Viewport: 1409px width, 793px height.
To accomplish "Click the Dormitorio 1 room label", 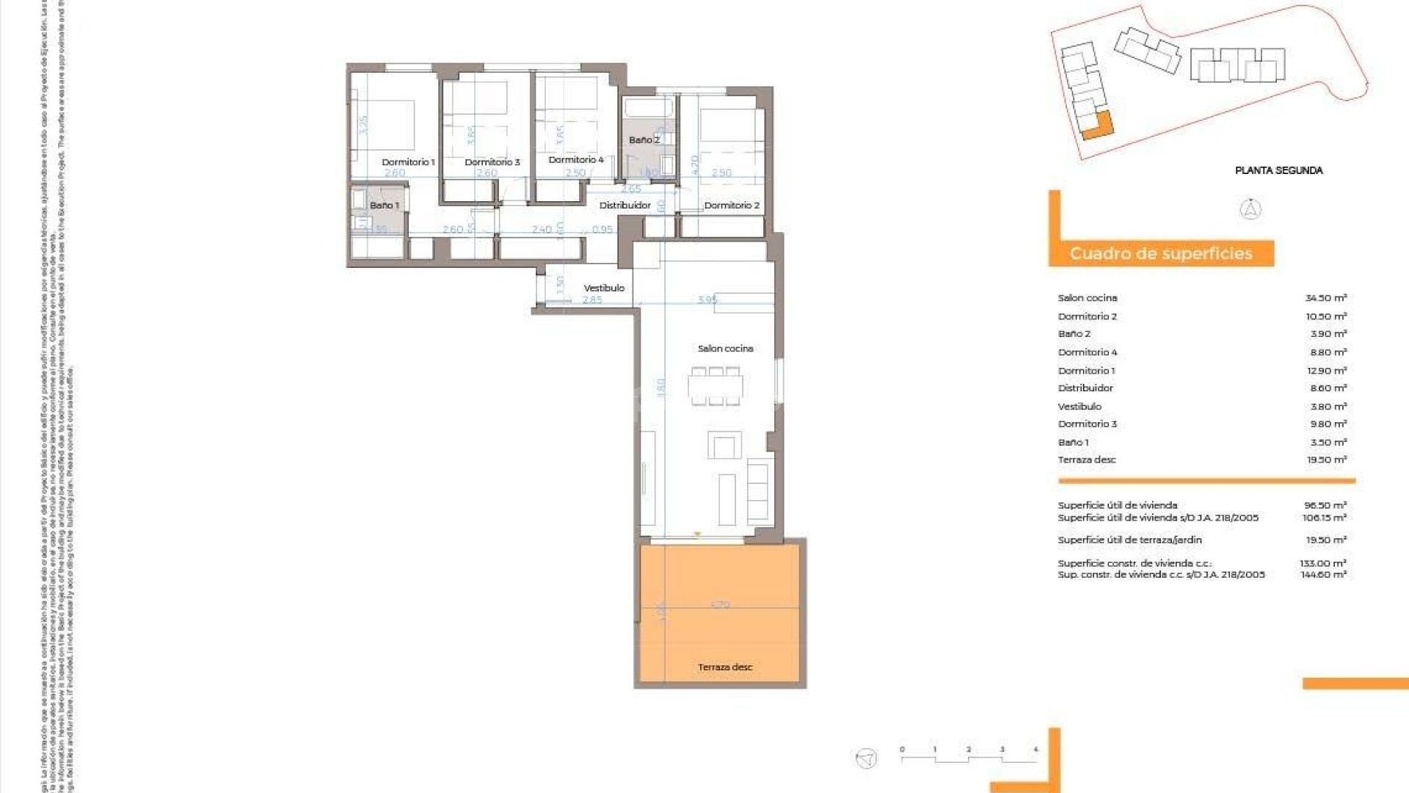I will tap(408, 162).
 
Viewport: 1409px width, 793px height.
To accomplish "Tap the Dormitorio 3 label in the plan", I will tap(492, 162).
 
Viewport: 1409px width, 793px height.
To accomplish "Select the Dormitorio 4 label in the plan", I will tap(576, 159).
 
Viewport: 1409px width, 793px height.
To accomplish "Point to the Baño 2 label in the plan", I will tap(644, 140).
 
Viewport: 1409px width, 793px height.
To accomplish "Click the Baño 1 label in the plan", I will tap(384, 206).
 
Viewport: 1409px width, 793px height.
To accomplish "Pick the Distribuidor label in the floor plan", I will tap(625, 206).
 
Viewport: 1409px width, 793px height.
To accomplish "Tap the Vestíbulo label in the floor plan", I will tap(604, 288).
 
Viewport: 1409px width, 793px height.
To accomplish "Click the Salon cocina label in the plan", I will tap(725, 349).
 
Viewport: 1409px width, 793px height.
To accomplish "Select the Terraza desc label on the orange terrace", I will tap(725, 667).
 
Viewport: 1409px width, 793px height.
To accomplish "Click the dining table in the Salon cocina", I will tap(716, 386).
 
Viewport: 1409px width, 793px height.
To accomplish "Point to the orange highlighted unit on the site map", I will tap(1099, 126).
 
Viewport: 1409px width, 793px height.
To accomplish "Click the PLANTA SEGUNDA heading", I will tap(1278, 170).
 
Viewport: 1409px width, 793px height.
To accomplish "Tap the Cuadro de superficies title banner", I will tap(1161, 254).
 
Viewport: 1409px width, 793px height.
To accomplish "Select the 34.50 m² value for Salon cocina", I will tap(1325, 298).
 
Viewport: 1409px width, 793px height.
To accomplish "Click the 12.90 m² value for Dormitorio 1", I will tap(1326, 371).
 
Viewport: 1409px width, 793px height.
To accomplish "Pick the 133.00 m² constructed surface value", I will tap(1322, 563).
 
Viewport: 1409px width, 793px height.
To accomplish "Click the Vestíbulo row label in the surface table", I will tap(1079, 407).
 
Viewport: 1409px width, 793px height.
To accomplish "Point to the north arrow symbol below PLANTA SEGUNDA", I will tap(1250, 209).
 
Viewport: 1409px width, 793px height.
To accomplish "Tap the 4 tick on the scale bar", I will tap(1035, 750).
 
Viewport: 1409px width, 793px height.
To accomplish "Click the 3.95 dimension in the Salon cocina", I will tap(707, 300).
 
